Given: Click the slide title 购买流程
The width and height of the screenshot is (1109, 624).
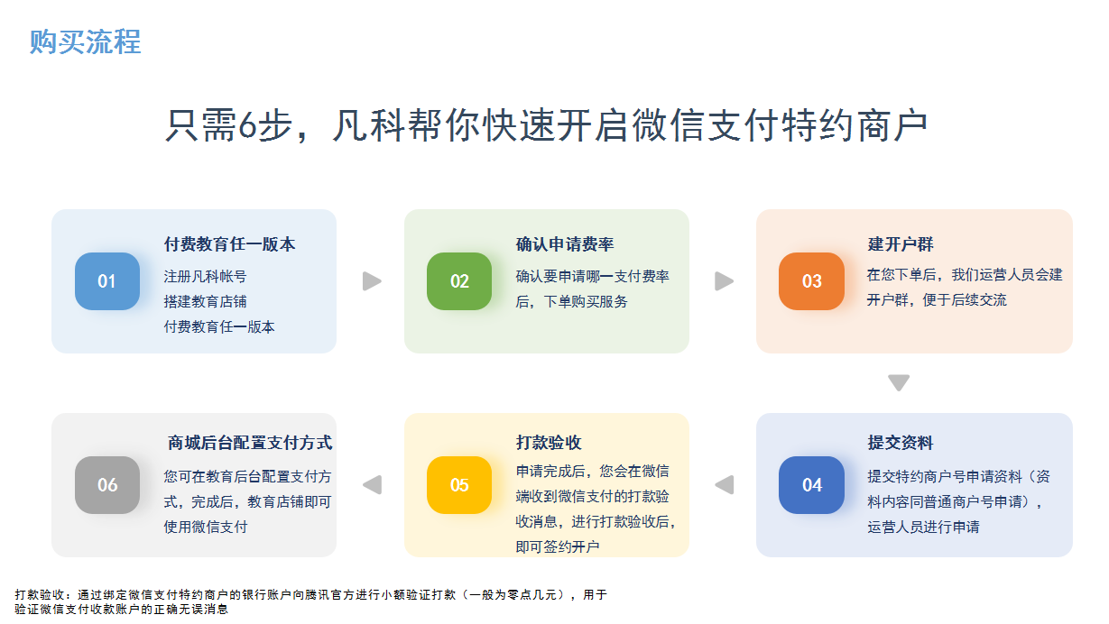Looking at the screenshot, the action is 85,41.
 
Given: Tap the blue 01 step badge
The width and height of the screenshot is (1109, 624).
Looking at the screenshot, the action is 107,281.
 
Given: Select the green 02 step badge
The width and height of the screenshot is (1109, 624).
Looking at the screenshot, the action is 459,281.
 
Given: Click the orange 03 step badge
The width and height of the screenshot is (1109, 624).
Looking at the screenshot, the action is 811,281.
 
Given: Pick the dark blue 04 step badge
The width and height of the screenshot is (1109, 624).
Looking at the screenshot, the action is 811,485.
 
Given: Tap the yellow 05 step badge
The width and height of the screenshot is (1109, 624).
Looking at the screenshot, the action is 459,485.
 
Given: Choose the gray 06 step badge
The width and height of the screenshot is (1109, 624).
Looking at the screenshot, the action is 107,485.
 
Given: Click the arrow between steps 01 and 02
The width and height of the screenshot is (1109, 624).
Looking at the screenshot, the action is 372,281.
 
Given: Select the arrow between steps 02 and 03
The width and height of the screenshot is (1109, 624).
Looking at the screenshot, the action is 724,281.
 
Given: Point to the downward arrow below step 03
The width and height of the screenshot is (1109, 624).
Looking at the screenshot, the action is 899,382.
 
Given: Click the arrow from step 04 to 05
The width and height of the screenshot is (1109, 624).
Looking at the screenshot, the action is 724,484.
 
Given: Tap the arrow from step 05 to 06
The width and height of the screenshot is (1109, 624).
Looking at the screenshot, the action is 372,484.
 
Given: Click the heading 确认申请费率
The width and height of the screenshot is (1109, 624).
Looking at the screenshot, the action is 564,244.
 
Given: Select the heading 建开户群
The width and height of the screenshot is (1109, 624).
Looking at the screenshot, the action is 900,244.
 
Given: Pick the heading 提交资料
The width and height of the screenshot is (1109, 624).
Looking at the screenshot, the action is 900,443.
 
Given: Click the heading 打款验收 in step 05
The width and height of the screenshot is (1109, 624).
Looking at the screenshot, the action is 549,443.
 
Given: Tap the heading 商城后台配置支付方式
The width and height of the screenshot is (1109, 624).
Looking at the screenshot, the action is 250,443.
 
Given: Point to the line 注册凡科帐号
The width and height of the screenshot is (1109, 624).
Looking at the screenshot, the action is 205,276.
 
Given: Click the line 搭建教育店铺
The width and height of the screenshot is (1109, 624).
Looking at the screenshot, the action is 205,301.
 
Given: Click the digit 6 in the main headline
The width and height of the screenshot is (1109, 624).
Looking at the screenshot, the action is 247,125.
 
